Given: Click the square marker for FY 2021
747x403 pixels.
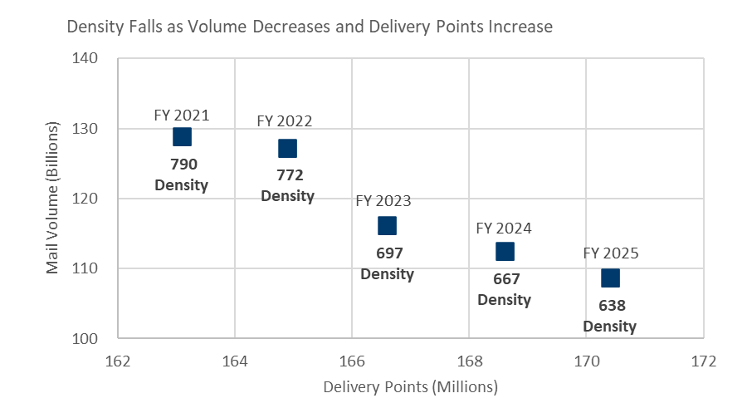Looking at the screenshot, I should (x=182, y=136).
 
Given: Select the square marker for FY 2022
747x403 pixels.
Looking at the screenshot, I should (x=287, y=148).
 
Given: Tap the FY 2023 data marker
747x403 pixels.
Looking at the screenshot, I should (x=387, y=225).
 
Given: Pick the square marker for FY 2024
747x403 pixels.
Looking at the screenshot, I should (x=505, y=251).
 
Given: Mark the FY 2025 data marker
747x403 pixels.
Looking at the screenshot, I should (x=610, y=278).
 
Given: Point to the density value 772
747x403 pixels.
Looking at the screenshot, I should (x=288, y=174).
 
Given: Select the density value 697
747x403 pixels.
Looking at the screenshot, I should (x=387, y=252).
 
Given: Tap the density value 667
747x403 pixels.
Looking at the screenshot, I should (x=505, y=278).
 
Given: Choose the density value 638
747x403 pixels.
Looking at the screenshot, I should (x=610, y=305).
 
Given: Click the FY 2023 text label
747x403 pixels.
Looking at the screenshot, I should (x=383, y=201).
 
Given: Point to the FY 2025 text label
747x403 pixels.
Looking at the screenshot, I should (x=610, y=253).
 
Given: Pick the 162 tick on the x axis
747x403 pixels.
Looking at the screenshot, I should (x=118, y=361).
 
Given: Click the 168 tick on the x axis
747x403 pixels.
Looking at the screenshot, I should (x=470, y=361).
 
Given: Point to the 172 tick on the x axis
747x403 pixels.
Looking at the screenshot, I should (x=704, y=361).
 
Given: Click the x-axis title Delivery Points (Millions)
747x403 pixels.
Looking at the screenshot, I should (x=410, y=387).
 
